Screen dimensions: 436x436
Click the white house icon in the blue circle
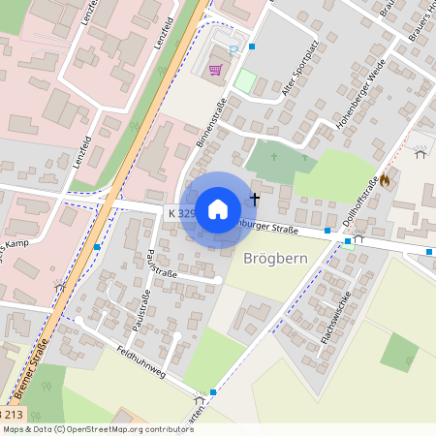218,209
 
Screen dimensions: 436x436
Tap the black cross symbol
255,198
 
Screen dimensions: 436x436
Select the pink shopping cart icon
214,69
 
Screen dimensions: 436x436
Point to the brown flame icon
385,178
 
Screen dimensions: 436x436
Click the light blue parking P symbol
233,49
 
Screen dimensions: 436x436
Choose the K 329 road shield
181,212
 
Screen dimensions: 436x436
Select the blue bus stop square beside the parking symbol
252,46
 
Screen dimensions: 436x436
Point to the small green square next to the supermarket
245,81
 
